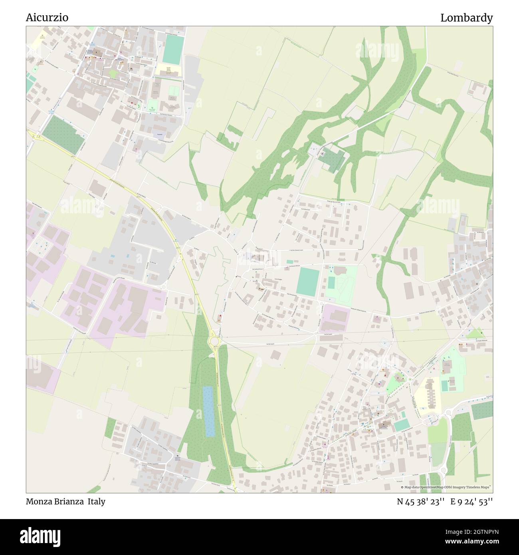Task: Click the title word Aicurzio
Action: click(x=47, y=18)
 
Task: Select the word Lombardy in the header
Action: click(x=466, y=18)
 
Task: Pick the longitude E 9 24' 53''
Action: click(x=471, y=501)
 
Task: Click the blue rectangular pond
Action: click(x=208, y=411)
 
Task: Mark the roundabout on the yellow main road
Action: click(x=214, y=341)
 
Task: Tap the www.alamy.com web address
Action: click(x=468, y=542)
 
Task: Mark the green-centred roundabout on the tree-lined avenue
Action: click(x=409, y=379)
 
